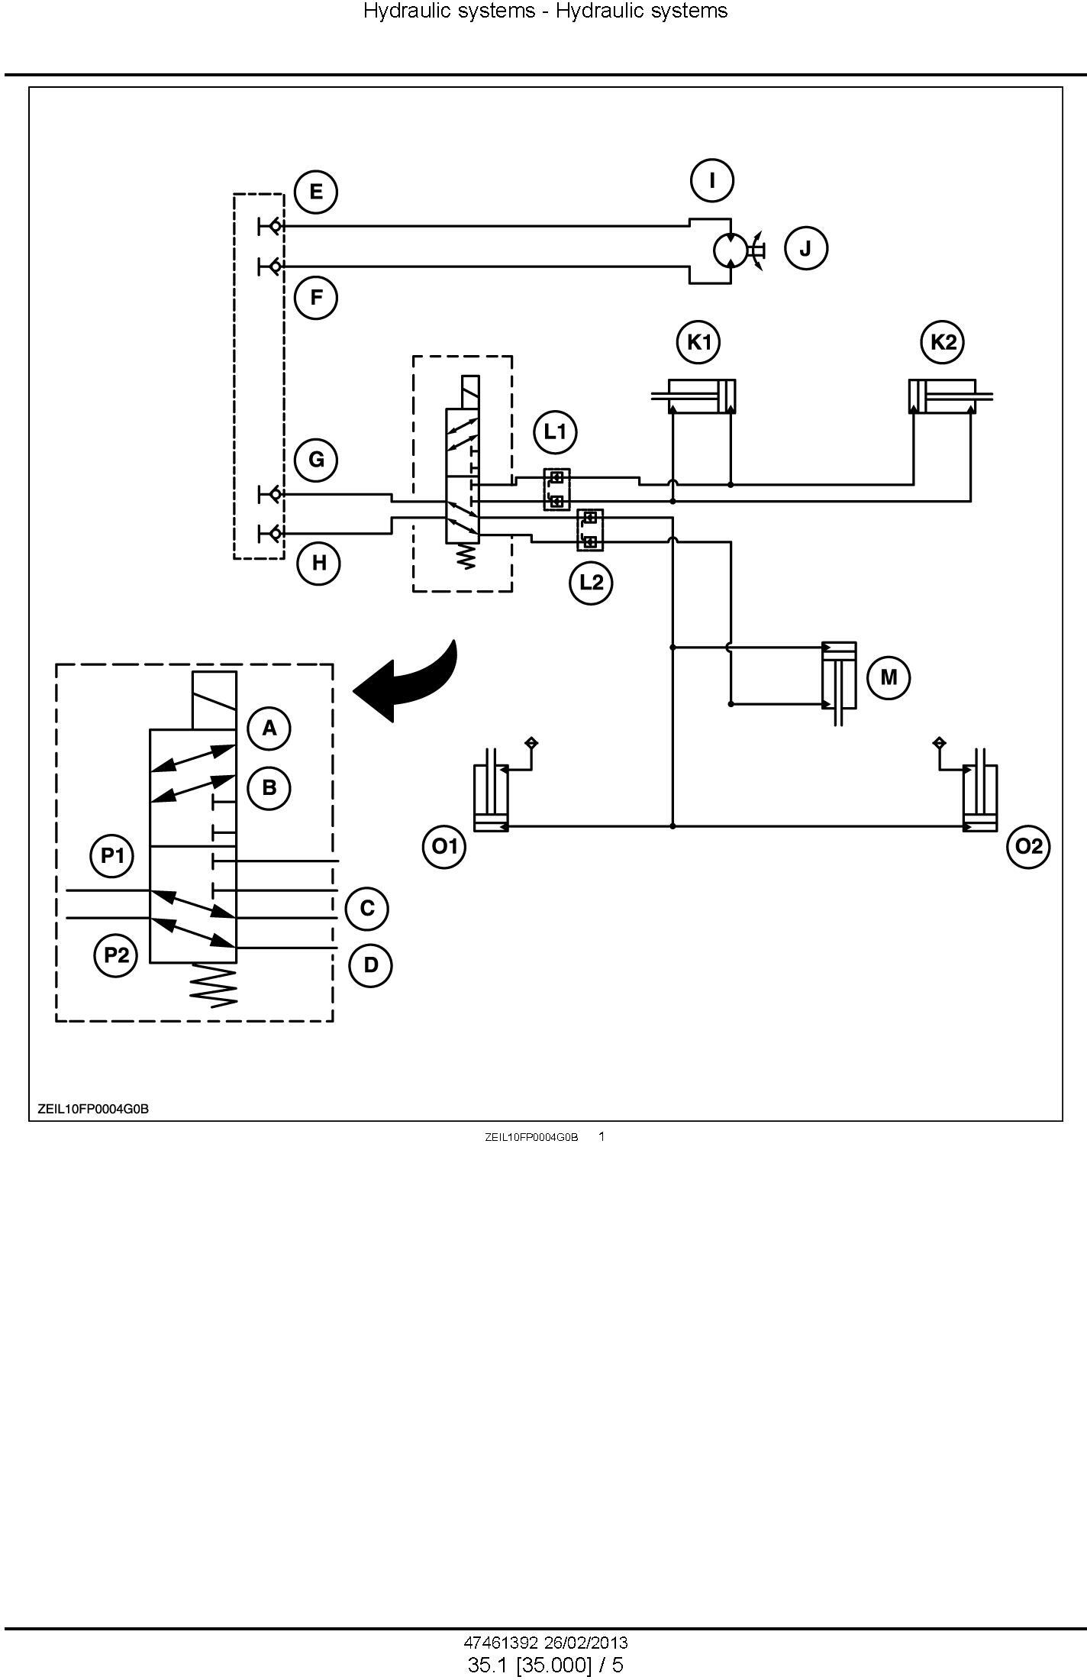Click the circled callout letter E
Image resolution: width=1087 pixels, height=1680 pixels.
tap(316, 191)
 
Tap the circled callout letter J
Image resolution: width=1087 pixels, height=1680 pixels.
tap(805, 248)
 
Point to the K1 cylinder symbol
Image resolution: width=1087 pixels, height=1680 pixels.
tap(694, 396)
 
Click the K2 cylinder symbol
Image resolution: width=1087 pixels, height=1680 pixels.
tap(950, 396)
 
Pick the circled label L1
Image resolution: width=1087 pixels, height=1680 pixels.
tap(555, 432)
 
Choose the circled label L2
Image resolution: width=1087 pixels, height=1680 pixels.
tap(592, 583)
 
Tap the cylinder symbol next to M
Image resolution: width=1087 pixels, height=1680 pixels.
tap(839, 679)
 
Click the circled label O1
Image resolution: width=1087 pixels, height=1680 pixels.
tap(444, 846)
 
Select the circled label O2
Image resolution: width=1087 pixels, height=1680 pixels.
tap(1029, 846)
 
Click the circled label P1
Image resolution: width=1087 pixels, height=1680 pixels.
tap(112, 855)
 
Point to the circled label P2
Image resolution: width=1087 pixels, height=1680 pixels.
tap(116, 955)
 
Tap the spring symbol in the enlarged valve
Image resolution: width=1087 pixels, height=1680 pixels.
tap(214, 986)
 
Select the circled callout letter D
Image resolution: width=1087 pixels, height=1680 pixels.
tap(371, 965)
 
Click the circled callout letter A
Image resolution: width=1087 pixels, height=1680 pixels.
tap(269, 729)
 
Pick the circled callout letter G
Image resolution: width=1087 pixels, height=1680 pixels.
tap(316, 460)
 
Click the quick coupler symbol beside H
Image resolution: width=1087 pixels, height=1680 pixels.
tap(271, 532)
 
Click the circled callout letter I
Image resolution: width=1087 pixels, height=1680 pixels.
tap(712, 181)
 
